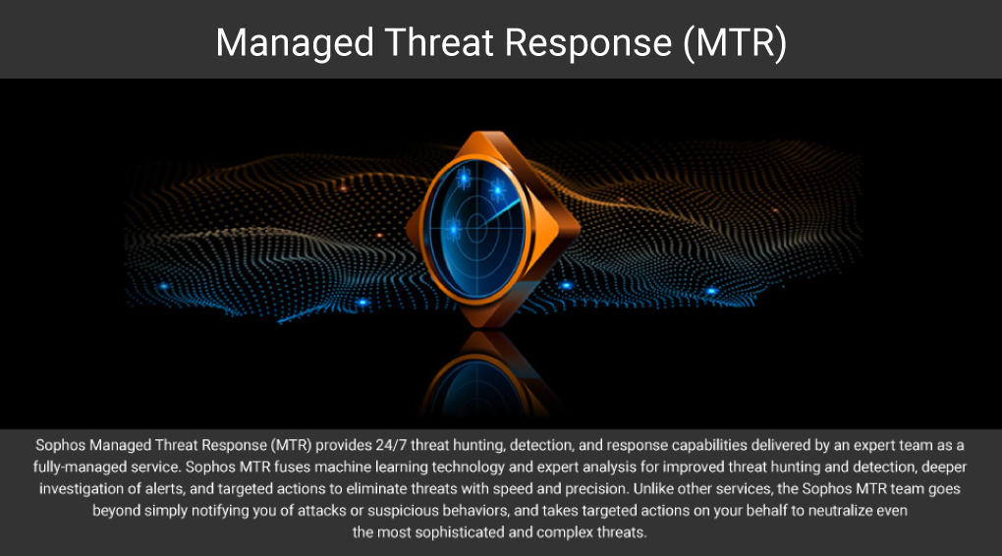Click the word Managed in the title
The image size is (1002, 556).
click(x=295, y=43)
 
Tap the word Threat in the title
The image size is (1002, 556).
click(x=439, y=42)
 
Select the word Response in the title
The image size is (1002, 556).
click(x=588, y=43)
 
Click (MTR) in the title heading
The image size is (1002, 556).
click(x=735, y=43)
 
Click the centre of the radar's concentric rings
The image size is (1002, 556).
click(x=476, y=227)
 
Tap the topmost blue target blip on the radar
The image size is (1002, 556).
click(x=464, y=177)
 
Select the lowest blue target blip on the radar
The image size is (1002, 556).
click(x=453, y=229)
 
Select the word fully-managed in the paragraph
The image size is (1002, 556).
click(x=74, y=468)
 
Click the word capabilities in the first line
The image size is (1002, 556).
click(x=709, y=445)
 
